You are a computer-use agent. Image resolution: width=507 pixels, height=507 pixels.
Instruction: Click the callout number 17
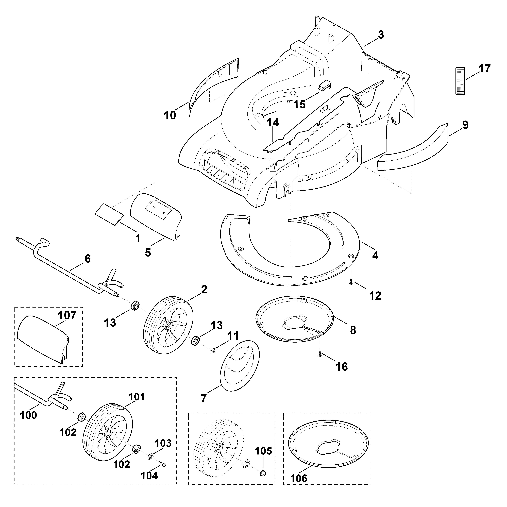(x=484, y=69)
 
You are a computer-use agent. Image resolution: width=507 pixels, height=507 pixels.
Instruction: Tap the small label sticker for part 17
(x=460, y=81)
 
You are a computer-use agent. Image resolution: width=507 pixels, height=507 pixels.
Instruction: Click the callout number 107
(x=67, y=315)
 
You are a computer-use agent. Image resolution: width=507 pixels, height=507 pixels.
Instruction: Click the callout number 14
(x=273, y=123)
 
